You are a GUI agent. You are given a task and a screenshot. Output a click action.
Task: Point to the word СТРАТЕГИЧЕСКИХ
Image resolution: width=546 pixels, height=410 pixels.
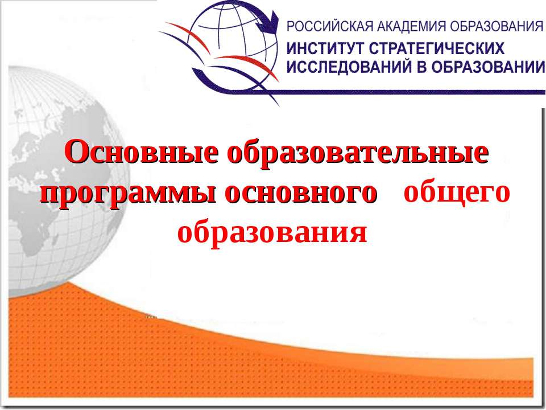click(x=437, y=48)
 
